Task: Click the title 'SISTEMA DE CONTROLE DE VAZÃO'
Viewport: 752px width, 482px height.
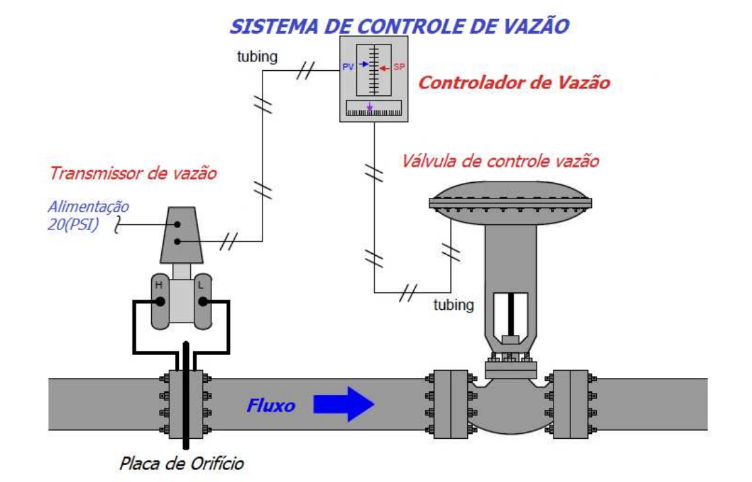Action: click(x=399, y=26)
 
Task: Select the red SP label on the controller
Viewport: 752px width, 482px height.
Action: click(x=398, y=68)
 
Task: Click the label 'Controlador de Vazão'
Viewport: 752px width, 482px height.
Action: click(x=514, y=83)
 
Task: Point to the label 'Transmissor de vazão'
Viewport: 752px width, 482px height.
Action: click(x=132, y=173)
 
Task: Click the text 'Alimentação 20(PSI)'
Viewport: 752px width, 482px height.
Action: click(x=88, y=215)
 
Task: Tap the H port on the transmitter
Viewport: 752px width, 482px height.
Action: click(x=159, y=286)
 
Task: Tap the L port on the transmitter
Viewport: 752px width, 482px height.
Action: click(x=200, y=286)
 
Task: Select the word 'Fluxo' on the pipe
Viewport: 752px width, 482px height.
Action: click(x=270, y=406)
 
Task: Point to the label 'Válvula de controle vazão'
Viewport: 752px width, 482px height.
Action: click(x=500, y=161)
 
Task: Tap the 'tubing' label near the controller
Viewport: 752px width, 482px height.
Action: click(x=257, y=57)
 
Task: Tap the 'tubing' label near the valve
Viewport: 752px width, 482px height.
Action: click(x=453, y=304)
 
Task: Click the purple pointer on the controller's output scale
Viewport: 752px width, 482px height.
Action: click(x=369, y=107)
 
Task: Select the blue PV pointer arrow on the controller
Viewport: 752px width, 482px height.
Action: click(x=364, y=64)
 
